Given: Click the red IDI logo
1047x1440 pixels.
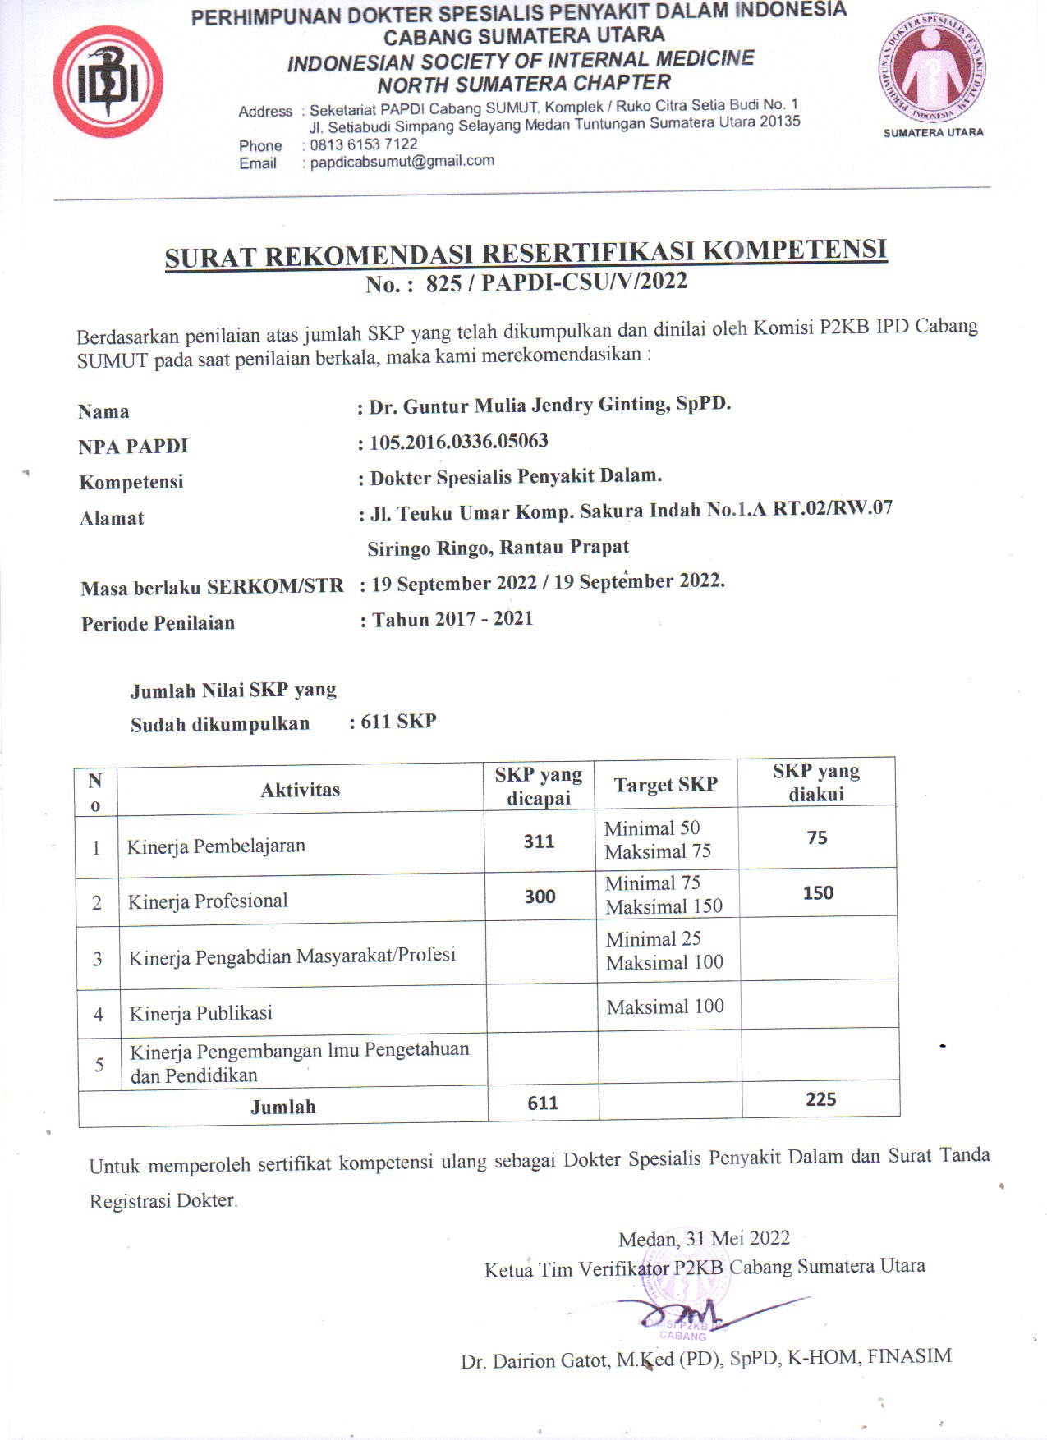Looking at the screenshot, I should coord(108,82).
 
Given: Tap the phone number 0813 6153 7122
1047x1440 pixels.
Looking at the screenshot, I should coord(363,144).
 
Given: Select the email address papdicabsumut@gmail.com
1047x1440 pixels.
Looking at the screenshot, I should coord(402,161).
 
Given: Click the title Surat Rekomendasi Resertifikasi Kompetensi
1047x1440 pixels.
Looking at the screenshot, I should coord(526,253).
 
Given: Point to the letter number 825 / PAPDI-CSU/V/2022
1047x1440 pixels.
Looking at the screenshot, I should coord(556,282).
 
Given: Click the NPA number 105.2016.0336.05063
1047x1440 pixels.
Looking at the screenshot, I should coord(458,442).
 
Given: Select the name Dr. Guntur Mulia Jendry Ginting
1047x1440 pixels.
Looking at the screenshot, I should coord(549,405).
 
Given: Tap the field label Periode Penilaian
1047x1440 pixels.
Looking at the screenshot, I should coord(158,623).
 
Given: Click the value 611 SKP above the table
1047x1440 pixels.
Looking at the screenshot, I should coord(398,722).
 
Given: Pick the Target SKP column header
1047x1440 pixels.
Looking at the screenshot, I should coord(666,784).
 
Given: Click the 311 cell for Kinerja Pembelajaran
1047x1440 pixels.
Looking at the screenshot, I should coord(539,841).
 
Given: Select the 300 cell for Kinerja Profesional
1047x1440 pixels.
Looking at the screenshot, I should coord(540,897).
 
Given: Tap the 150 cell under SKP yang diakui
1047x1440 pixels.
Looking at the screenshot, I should coord(818,893).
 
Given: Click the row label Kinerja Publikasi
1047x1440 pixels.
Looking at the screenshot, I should coord(200,1013).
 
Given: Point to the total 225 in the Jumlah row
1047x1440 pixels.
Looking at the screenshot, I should coord(820,1099).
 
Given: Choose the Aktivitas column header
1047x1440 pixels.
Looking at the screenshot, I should coord(300,790).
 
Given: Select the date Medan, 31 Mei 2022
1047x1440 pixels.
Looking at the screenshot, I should coord(704,1238).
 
